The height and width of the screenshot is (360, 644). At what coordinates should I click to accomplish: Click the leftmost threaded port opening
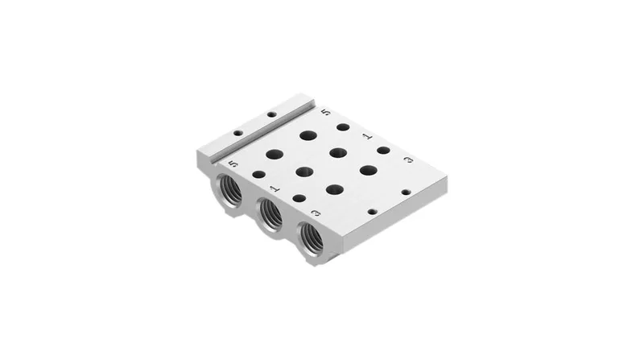coord(229,190)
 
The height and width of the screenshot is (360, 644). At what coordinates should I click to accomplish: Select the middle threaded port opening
coord(270,213)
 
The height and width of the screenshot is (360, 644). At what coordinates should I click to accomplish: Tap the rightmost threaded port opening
coord(312,238)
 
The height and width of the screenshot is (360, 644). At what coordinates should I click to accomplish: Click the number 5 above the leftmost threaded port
coord(233,163)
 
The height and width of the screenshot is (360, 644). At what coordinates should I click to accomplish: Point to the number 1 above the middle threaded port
coord(275,188)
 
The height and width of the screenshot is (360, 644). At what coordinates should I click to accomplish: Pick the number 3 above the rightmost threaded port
coord(316,213)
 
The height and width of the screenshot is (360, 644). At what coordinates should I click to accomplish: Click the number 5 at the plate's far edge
coord(325,112)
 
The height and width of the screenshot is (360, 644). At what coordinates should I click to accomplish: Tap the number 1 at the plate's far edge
coord(367,136)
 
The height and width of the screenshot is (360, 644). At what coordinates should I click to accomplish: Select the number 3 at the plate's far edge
coord(408,159)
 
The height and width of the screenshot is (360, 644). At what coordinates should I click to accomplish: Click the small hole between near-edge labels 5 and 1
coord(258,174)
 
